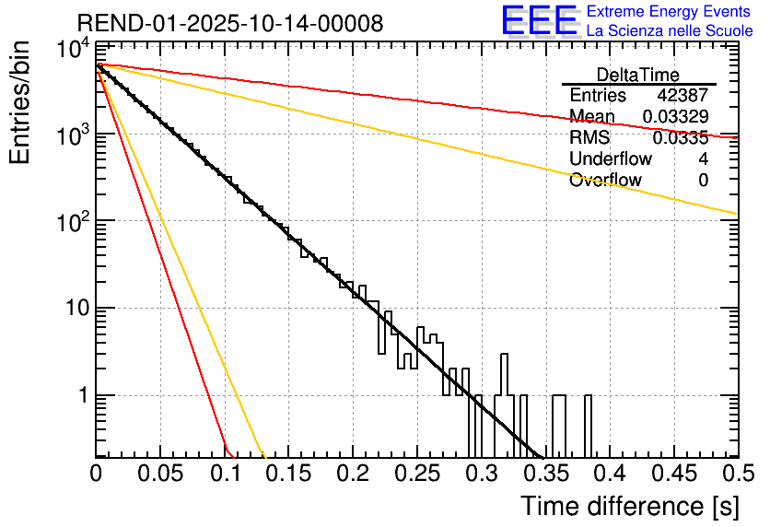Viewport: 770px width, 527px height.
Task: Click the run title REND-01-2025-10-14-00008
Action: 229,24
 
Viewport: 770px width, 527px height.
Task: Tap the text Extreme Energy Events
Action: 670,12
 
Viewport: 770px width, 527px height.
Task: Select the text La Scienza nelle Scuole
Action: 670,30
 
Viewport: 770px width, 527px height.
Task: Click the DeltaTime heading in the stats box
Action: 638,75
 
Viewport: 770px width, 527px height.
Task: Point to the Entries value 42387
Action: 682,96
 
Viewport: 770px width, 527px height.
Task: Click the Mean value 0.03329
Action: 675,117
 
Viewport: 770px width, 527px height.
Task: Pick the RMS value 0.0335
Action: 680,138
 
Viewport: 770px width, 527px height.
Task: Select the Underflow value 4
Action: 703,159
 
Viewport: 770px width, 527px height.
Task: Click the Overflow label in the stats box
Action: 605,181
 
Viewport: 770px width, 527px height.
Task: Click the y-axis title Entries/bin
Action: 22,104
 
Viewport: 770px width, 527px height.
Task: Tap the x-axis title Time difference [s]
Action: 629,506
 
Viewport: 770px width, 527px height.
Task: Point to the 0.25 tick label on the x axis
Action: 417,474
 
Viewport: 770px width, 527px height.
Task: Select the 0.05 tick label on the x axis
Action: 160,474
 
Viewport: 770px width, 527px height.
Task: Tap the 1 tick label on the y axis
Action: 81,396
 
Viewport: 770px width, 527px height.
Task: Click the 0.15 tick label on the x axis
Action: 289,474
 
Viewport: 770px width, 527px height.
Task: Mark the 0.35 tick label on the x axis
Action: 545,474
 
